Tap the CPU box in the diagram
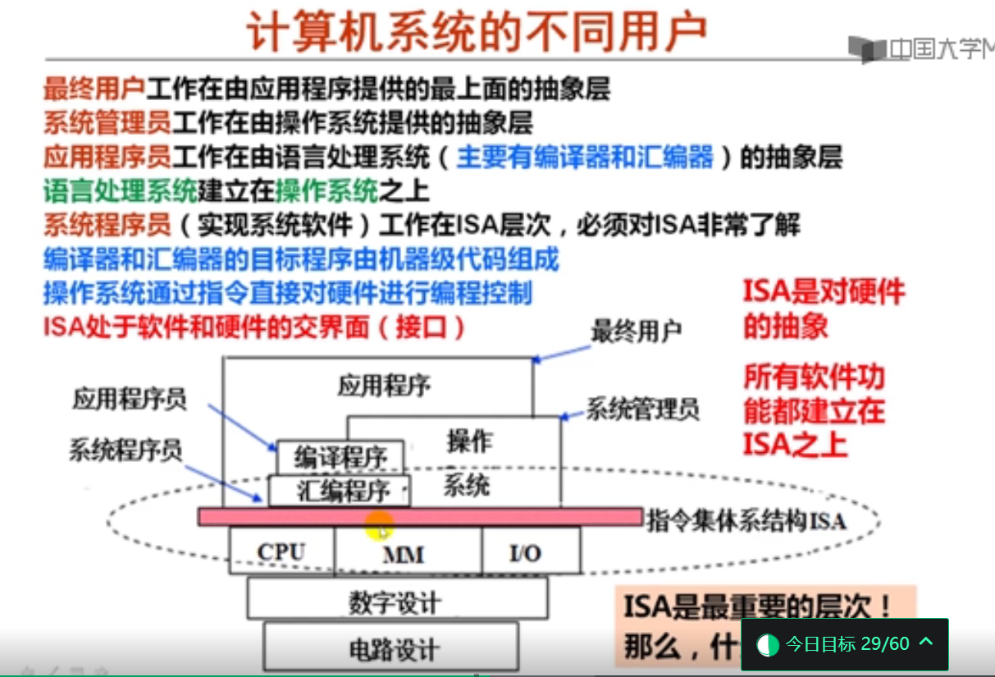281,552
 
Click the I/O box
525,553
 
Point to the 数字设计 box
395,602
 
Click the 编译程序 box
339,457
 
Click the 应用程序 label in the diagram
384,386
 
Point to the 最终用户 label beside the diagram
637,332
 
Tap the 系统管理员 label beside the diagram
642,408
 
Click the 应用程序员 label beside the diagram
130,400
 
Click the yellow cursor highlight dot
379,525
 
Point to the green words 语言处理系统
120,191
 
